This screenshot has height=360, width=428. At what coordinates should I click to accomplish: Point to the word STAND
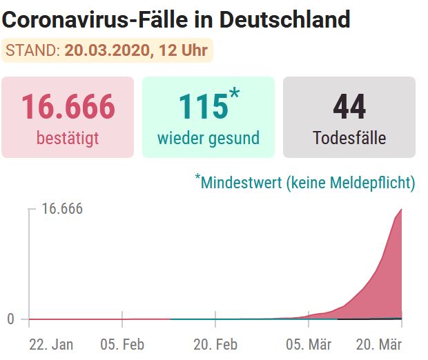tap(32, 50)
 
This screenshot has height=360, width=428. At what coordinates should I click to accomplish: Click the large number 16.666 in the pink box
tap(68, 107)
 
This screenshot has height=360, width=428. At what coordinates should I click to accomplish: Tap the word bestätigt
tap(68, 138)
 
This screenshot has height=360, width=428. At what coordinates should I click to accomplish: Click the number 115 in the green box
tap(202, 107)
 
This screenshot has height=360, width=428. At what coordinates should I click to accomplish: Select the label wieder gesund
tap(208, 138)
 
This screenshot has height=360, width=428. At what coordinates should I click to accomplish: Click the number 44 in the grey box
tap(349, 107)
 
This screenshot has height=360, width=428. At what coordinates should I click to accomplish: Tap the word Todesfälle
tap(349, 138)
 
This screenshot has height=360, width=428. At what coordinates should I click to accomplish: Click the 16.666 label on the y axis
tap(62, 209)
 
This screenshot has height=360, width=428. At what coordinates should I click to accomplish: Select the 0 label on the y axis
tap(10, 319)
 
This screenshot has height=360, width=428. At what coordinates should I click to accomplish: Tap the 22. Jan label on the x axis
tap(51, 344)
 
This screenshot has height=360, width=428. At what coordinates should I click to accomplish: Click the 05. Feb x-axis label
tap(122, 344)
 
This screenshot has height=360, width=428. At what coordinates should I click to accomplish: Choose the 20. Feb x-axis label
tap(215, 344)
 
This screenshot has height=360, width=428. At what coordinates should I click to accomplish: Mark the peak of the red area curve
tap(401, 210)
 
